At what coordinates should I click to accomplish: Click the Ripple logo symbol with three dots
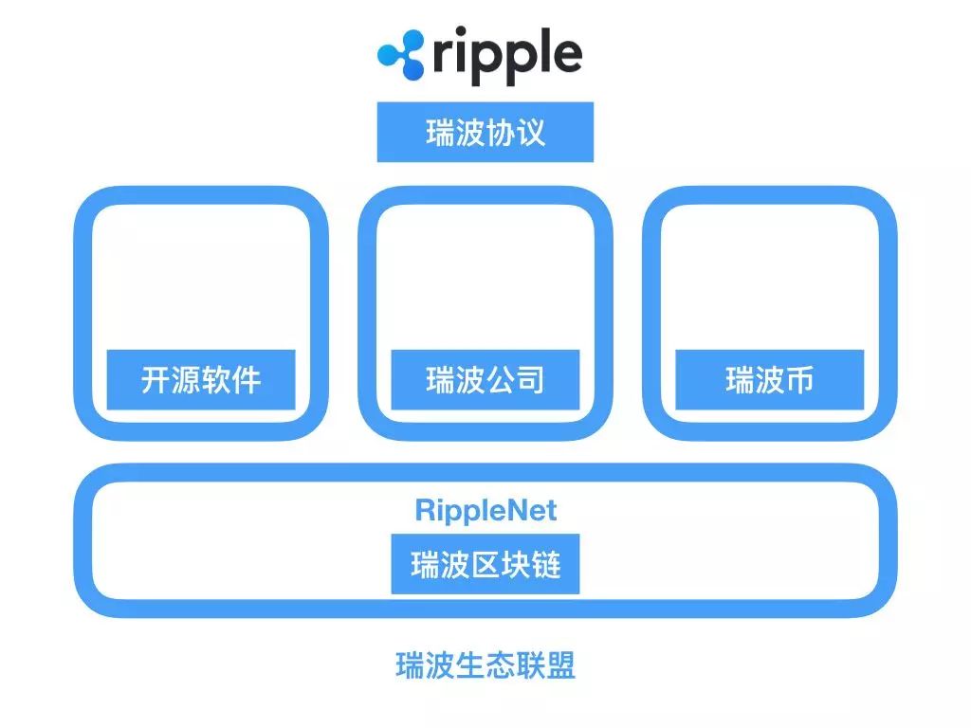pyautogui.click(x=401, y=55)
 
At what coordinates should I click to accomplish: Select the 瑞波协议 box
pyautogui.click(x=485, y=133)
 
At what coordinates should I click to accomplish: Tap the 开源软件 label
pyautogui.click(x=201, y=379)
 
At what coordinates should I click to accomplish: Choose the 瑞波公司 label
pyautogui.click(x=485, y=379)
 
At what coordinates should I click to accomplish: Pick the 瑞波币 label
pyautogui.click(x=769, y=379)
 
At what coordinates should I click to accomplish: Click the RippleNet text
pyautogui.click(x=485, y=511)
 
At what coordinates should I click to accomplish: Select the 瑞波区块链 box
pyautogui.click(x=485, y=564)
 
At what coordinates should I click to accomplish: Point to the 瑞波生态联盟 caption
pyautogui.click(x=485, y=665)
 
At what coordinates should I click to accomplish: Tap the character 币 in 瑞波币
pyautogui.click(x=798, y=379)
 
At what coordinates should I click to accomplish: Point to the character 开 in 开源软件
pyautogui.click(x=156, y=379)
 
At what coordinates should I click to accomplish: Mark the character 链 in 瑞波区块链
pyautogui.click(x=546, y=564)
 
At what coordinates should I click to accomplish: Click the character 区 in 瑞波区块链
pyautogui.click(x=485, y=564)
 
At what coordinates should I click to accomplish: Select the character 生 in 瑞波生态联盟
pyautogui.click(x=470, y=665)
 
